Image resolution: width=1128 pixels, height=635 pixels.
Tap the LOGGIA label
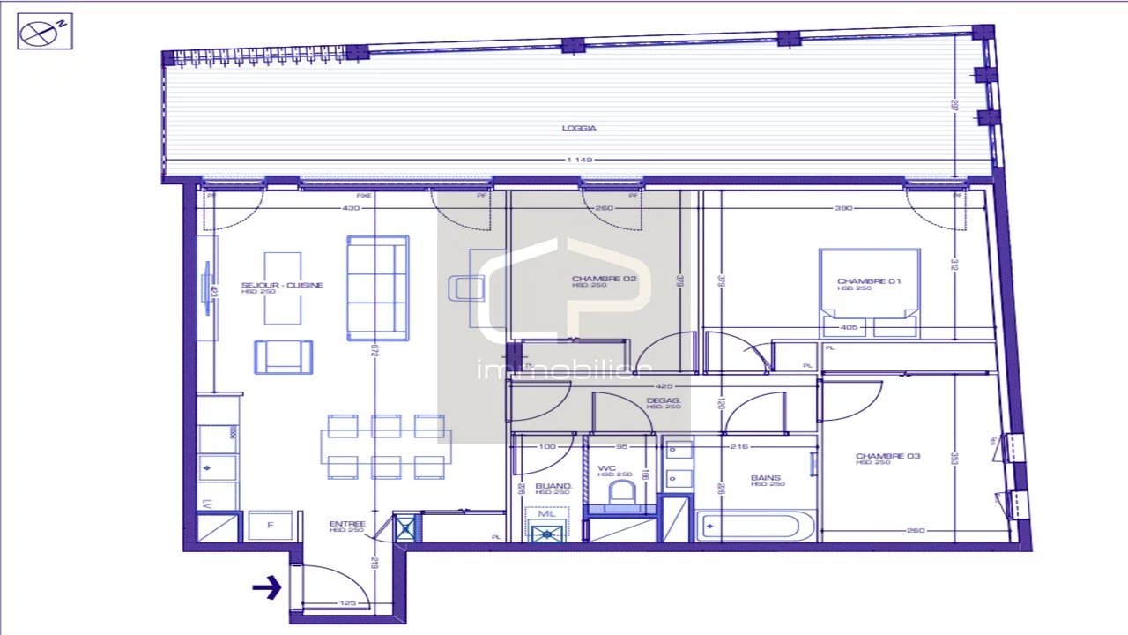pos(579,129)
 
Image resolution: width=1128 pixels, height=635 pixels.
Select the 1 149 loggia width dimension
pos(580,161)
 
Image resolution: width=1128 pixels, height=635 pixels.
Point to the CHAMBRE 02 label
pos(604,280)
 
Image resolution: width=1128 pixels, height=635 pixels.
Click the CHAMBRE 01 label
pos(869,282)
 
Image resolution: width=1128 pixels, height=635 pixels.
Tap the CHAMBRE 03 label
pos(887,456)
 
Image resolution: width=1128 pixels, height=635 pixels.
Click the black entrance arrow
pos(266,586)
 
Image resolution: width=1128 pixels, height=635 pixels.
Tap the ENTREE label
pos(347,524)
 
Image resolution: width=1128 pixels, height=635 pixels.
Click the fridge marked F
pos(270,526)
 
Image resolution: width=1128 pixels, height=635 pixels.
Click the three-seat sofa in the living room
pos(377,288)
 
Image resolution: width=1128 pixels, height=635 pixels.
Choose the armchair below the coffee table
pos(284,356)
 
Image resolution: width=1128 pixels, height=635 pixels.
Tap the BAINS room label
pos(765,479)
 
